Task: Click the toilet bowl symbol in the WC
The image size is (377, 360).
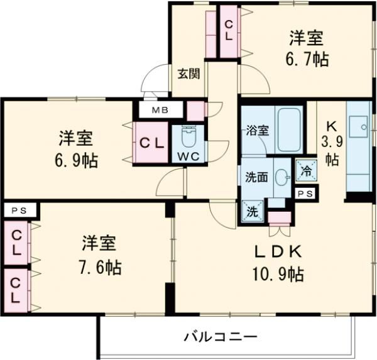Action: coord(188,136)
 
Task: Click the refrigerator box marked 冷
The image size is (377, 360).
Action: coord(305,171)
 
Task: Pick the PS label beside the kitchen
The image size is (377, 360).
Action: coord(305,194)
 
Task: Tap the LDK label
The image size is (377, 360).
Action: coord(279,251)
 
